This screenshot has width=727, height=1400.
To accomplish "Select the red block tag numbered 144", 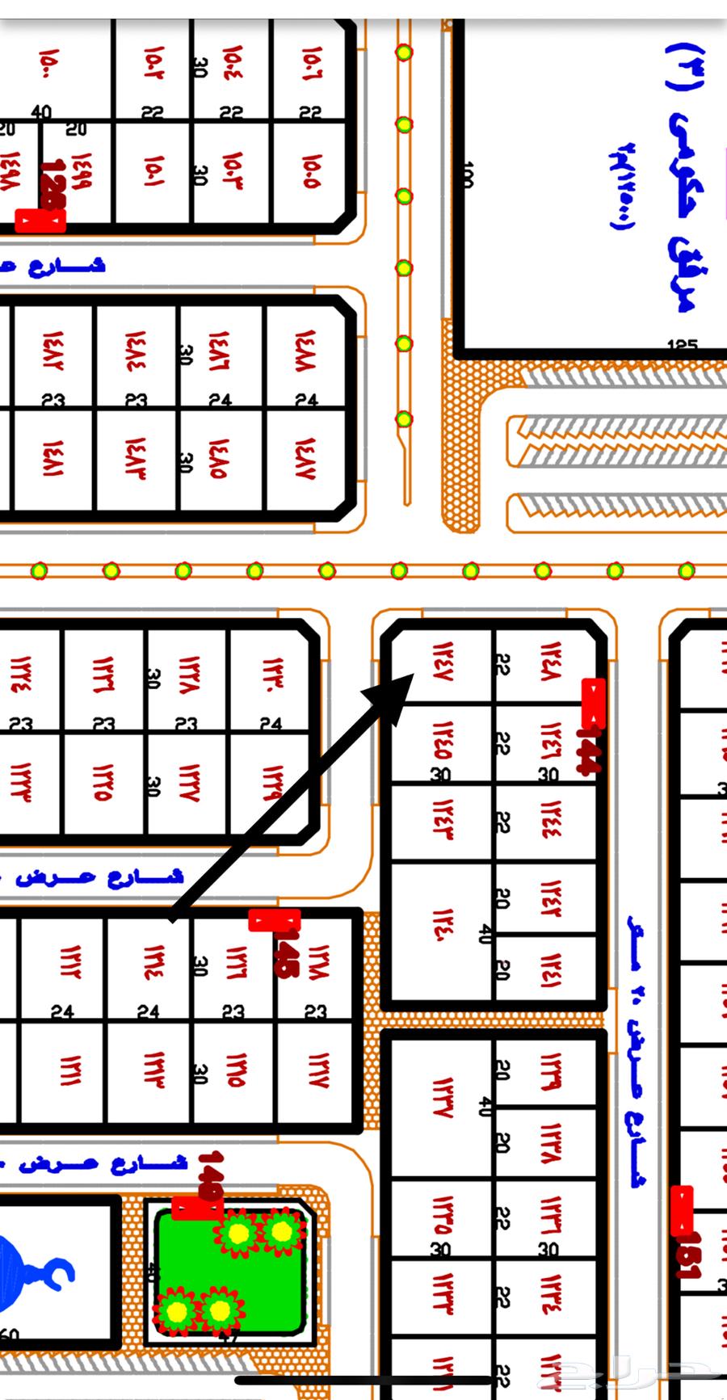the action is pyautogui.click(x=593, y=703).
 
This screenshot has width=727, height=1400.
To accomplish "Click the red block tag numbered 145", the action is pyautogui.click(x=275, y=920).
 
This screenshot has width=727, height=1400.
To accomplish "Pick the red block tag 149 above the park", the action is pyautogui.click(x=197, y=1209).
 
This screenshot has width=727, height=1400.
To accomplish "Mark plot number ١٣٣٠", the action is pyautogui.click(x=270, y=675).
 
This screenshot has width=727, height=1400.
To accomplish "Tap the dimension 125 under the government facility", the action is pyautogui.click(x=683, y=346).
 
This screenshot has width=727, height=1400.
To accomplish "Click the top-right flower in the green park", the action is pyautogui.click(x=282, y=1231).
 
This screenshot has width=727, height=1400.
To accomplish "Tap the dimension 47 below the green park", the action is pyautogui.click(x=229, y=1338).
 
